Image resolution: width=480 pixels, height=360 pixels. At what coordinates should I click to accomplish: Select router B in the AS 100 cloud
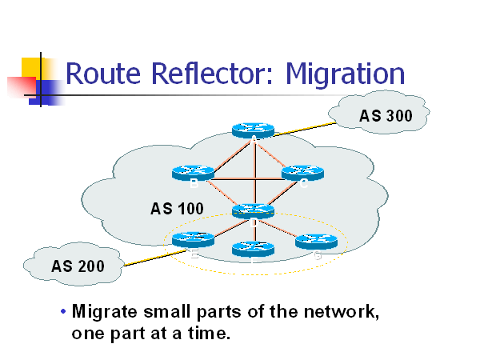pos(193,172)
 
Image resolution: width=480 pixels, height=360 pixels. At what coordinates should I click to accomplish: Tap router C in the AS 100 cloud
pos(301,172)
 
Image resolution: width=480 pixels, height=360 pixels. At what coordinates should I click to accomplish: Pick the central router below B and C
pos(253,211)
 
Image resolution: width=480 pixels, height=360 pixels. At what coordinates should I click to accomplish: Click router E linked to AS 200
pos(193,238)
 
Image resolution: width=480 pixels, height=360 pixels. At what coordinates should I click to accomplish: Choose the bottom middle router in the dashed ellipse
pos(253,248)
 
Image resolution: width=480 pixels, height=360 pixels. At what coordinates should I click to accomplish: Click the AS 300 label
pos(386,116)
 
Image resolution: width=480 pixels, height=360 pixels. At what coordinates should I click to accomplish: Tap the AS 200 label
pos(78,266)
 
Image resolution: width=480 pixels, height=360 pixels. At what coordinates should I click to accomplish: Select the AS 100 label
pos(177,210)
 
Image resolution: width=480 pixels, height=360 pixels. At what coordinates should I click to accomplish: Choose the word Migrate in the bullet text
pos(107,311)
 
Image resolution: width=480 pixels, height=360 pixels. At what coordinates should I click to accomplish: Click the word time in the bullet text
pos(210,333)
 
